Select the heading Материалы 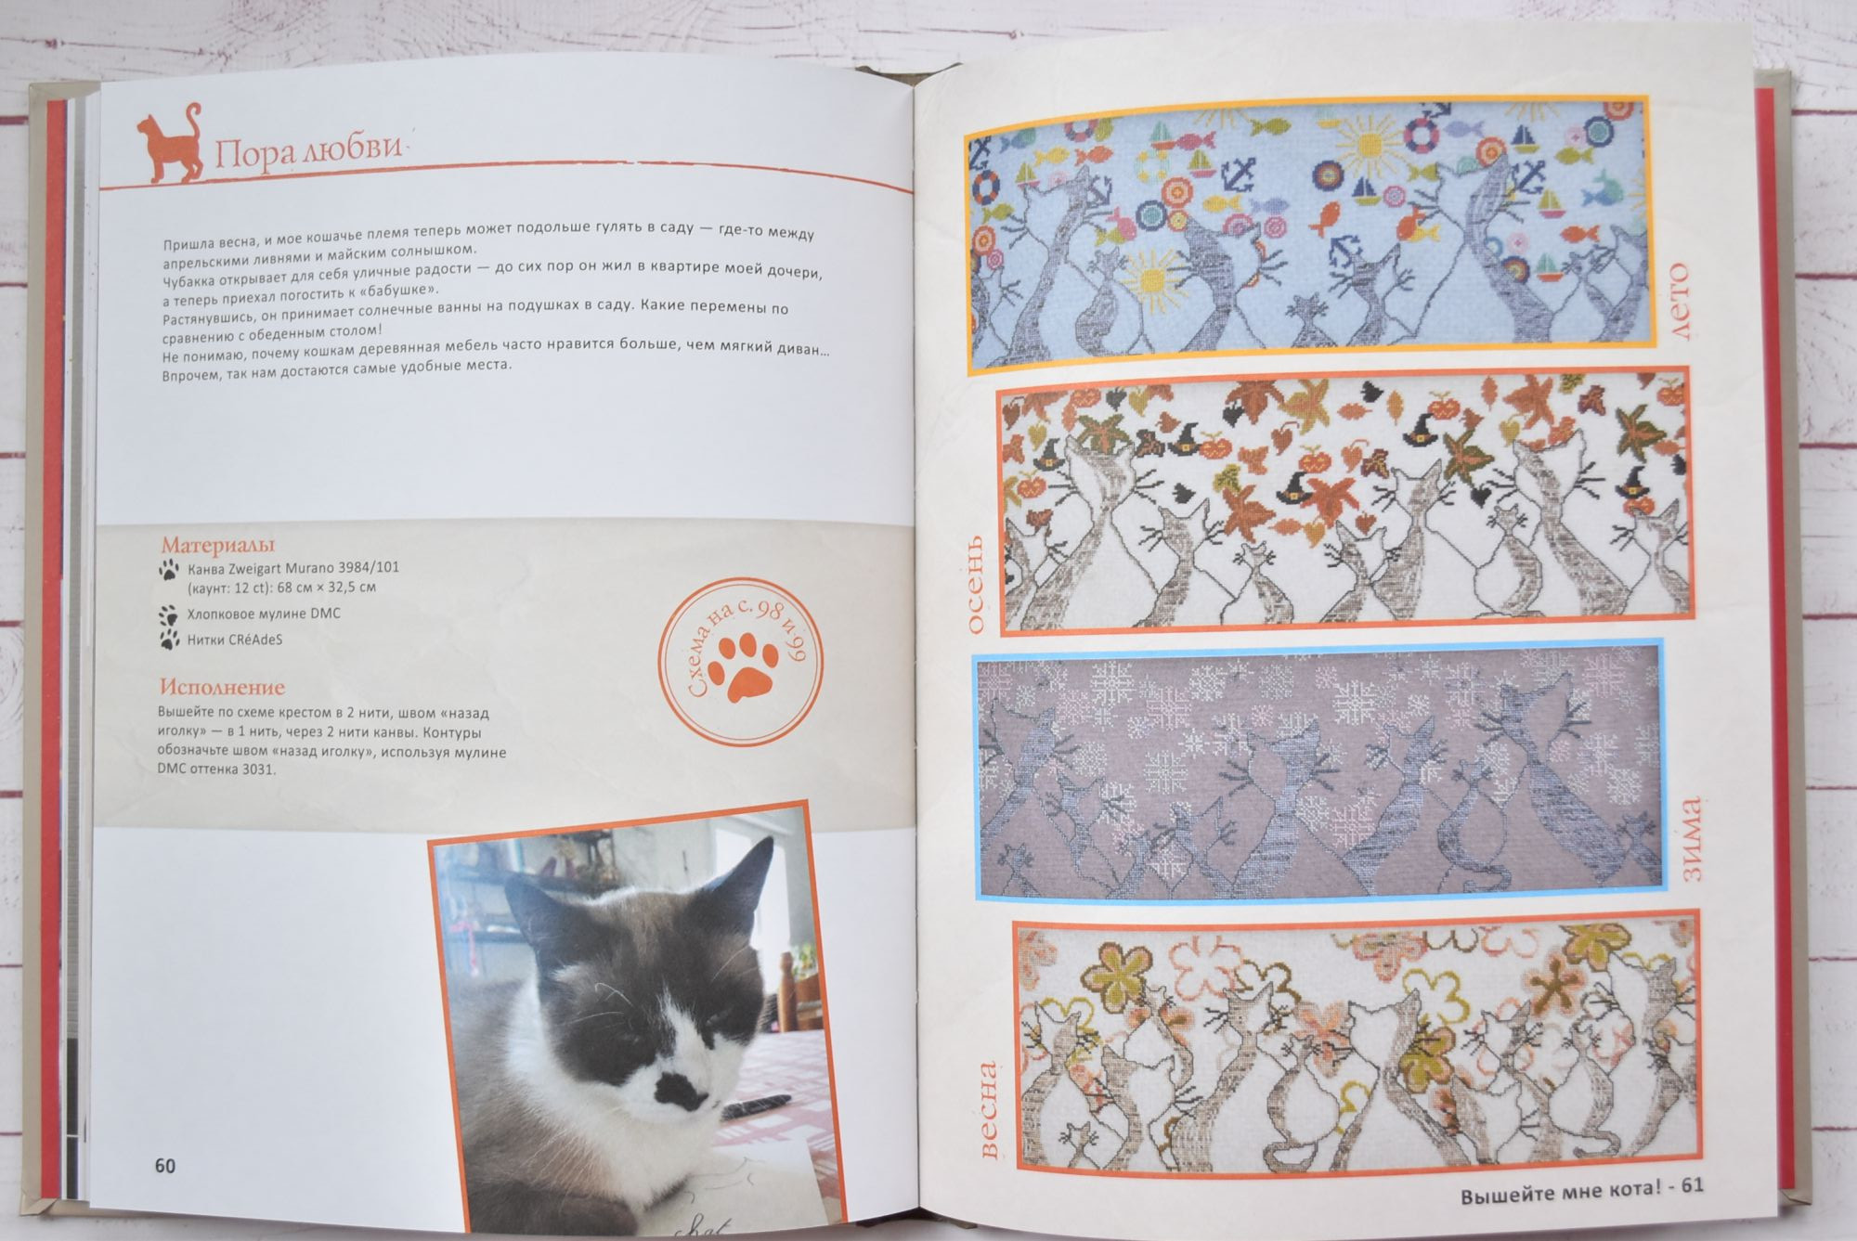point(218,546)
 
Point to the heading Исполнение point(223,688)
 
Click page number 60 point(165,1166)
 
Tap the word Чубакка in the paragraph point(192,281)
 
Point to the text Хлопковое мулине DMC point(264,614)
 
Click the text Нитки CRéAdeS point(235,640)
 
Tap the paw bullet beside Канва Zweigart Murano point(168,568)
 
